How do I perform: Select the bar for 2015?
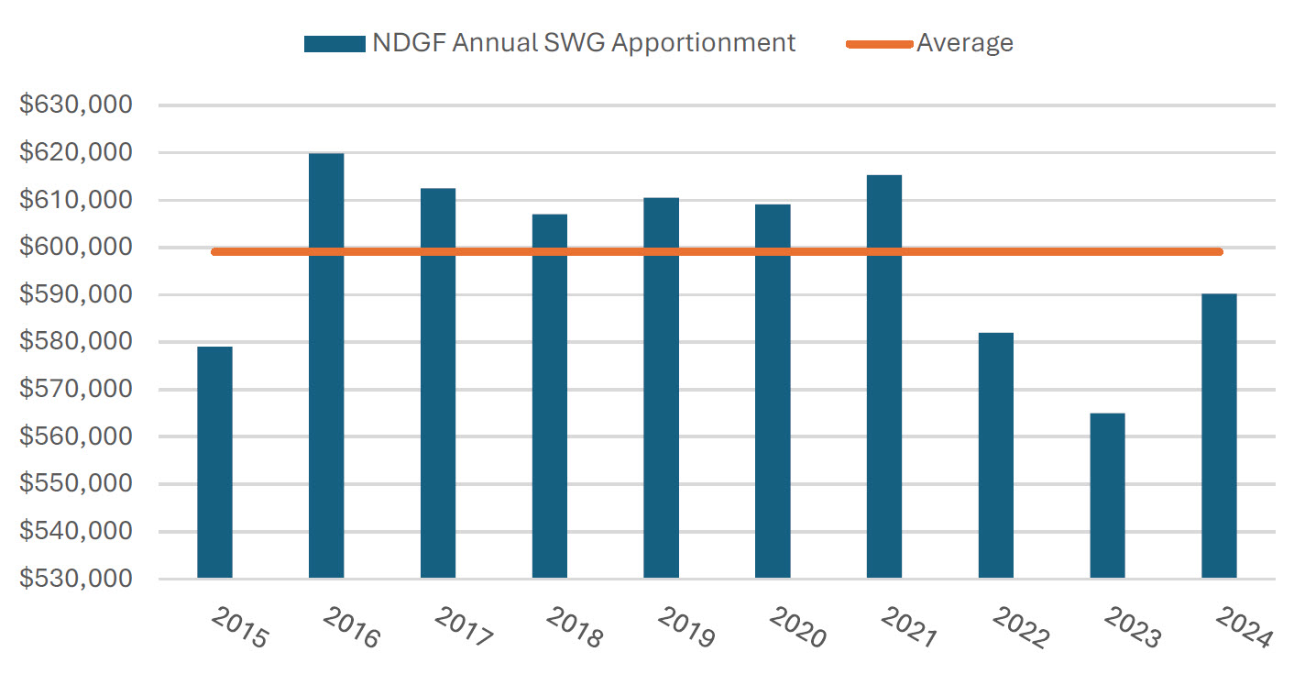click(x=214, y=462)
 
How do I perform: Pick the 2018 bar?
click(x=549, y=395)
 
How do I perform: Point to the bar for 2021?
click(x=884, y=376)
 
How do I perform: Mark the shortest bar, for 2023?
click(x=1107, y=495)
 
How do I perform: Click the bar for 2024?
click(x=1219, y=436)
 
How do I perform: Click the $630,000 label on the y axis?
click(x=77, y=105)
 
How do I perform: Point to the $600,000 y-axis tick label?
click(x=77, y=248)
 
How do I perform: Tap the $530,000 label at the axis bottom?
click(x=77, y=580)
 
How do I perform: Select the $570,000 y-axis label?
click(x=77, y=390)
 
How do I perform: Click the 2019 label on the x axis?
click(x=685, y=628)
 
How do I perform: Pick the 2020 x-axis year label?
click(x=797, y=628)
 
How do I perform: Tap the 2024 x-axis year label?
click(x=1244, y=628)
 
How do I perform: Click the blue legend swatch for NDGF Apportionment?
click(x=334, y=44)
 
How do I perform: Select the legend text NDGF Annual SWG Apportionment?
click(x=584, y=43)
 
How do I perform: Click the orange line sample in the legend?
click(x=879, y=44)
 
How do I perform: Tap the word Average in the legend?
click(x=965, y=43)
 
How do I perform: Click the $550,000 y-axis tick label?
click(x=77, y=484)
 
